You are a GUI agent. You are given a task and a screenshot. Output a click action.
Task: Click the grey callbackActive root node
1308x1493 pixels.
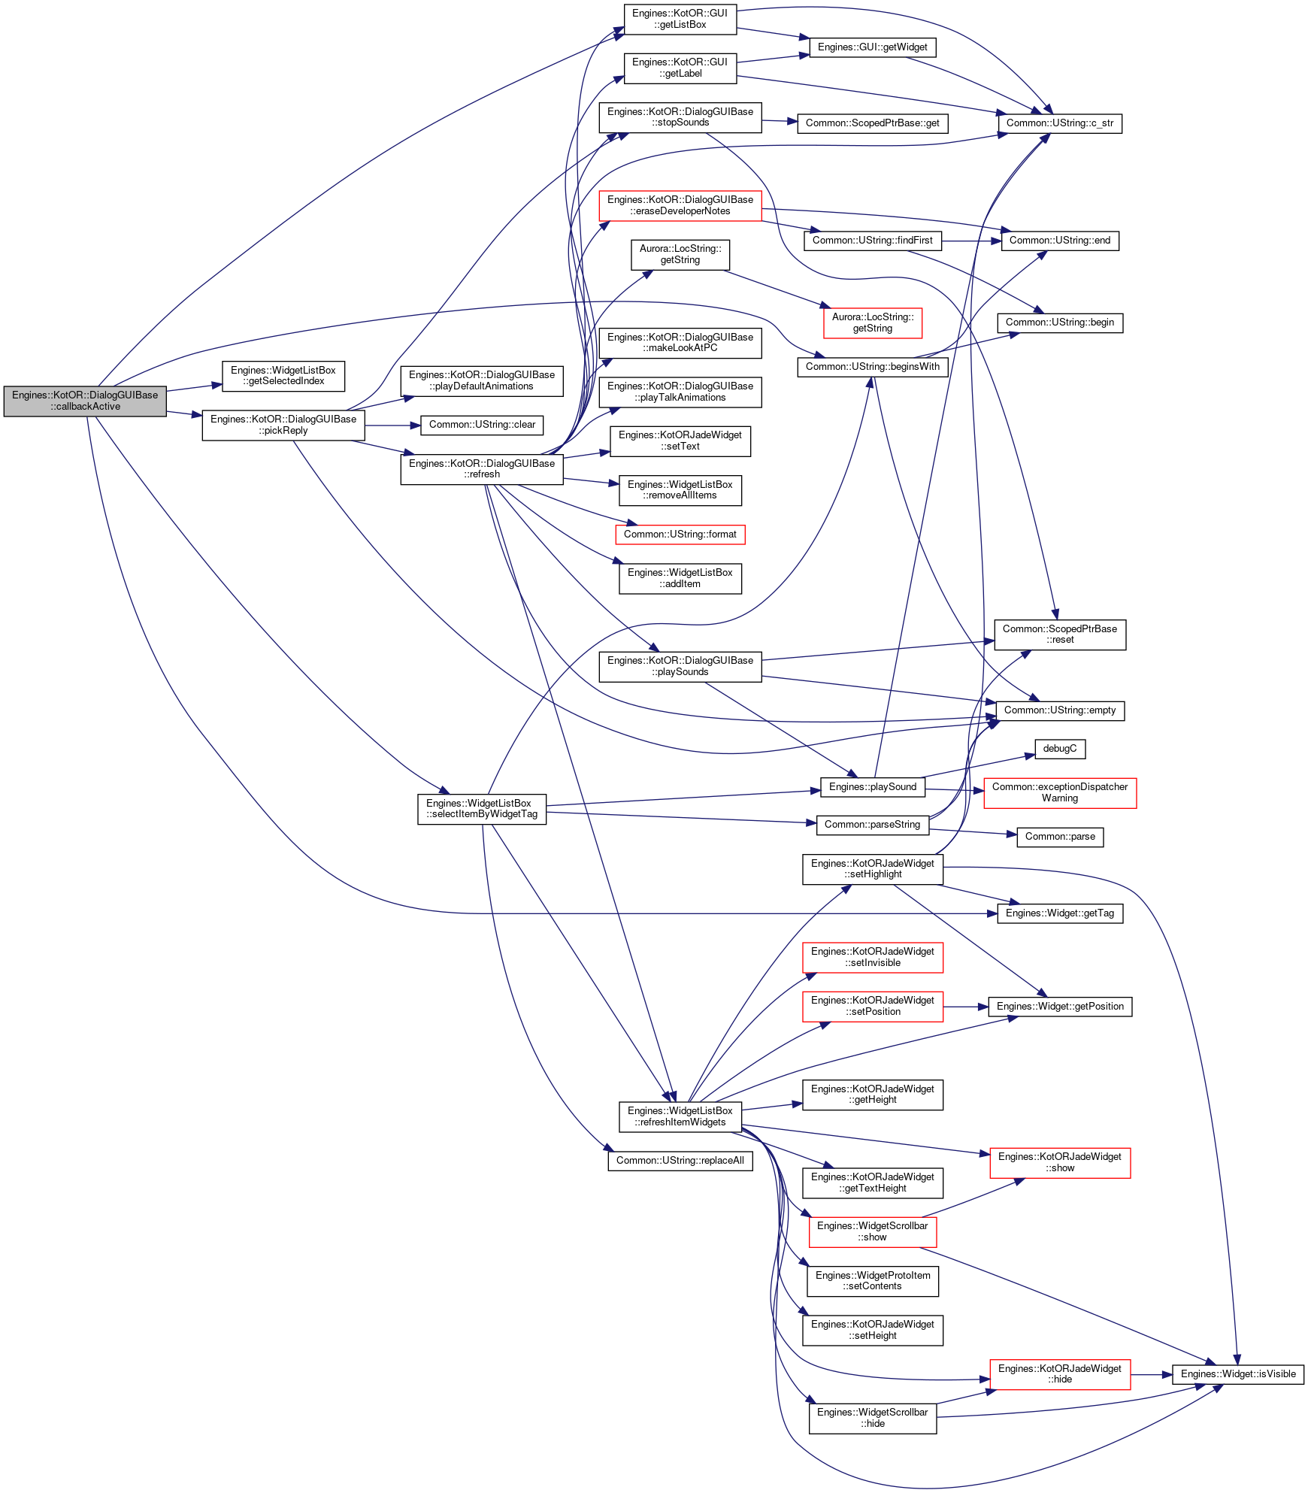pos(85,401)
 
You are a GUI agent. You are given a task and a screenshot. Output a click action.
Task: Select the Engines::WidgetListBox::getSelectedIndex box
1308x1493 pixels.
pos(283,376)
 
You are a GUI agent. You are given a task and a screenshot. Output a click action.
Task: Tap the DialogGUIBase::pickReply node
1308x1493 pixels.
pos(283,425)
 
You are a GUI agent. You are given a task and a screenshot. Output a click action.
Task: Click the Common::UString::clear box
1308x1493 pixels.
pos(482,425)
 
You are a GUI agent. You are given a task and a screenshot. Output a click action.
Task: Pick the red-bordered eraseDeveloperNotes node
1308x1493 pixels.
pos(680,205)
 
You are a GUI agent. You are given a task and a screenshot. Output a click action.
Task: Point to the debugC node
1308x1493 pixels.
pos(1060,749)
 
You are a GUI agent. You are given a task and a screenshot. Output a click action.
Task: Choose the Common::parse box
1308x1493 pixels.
pos(1060,837)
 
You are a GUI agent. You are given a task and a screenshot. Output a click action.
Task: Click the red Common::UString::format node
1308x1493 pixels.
pos(680,535)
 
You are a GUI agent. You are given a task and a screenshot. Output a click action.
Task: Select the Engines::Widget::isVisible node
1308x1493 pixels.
pos(1238,1374)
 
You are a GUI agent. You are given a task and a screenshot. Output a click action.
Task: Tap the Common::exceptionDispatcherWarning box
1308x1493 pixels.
pos(1060,793)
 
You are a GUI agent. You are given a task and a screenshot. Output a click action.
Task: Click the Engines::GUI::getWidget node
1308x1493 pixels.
pos(872,47)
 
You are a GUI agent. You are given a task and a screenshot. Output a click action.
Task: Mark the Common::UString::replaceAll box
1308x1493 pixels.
pos(680,1161)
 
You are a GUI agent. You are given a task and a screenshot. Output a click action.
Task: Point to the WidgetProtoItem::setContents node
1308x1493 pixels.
pos(873,1281)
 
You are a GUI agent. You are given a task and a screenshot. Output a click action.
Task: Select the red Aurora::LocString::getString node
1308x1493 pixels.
pos(873,323)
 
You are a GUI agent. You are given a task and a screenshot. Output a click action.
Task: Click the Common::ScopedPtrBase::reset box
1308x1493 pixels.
pos(1060,634)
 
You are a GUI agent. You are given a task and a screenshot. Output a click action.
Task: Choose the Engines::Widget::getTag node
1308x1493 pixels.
pos(1060,913)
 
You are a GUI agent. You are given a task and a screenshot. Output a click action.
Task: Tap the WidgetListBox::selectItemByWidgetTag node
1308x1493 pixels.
pos(482,809)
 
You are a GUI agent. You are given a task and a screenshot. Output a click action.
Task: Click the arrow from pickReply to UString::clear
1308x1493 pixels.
pos(392,425)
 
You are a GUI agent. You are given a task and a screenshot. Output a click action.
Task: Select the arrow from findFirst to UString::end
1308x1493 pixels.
pos(971,241)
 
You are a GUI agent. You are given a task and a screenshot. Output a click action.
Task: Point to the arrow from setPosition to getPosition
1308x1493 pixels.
pos(966,1007)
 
